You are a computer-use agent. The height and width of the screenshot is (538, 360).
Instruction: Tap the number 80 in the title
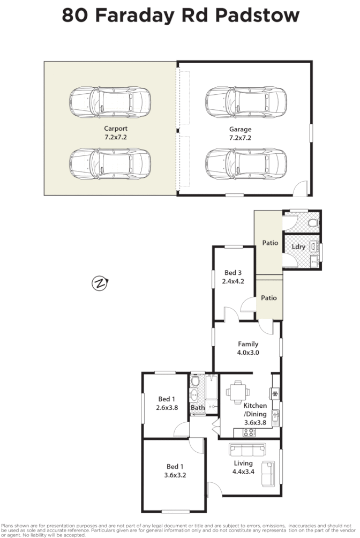[x=75, y=15]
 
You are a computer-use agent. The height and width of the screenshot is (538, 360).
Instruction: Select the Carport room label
[x=116, y=129]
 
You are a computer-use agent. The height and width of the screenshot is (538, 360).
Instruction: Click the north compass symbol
[x=100, y=283]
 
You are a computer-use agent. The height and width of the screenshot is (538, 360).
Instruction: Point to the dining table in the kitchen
[x=236, y=392]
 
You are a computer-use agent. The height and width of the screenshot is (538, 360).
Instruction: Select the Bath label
[x=197, y=408]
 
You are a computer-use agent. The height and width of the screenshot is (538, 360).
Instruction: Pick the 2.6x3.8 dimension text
[x=167, y=407]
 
